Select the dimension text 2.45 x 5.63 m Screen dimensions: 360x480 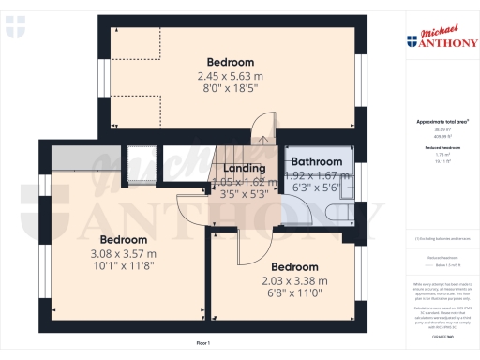pyautogui.click(x=228, y=75)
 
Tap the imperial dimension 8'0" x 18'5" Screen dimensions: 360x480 pyautogui.click(x=228, y=87)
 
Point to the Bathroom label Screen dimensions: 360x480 pyautogui.click(x=317, y=161)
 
